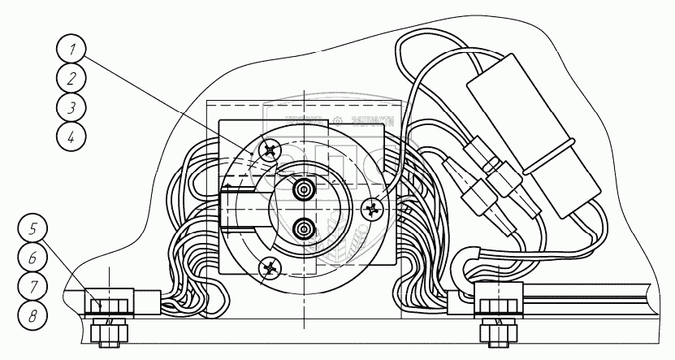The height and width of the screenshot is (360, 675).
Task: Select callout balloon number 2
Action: [72, 79]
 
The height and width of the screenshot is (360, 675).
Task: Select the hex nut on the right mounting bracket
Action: [492, 306]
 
